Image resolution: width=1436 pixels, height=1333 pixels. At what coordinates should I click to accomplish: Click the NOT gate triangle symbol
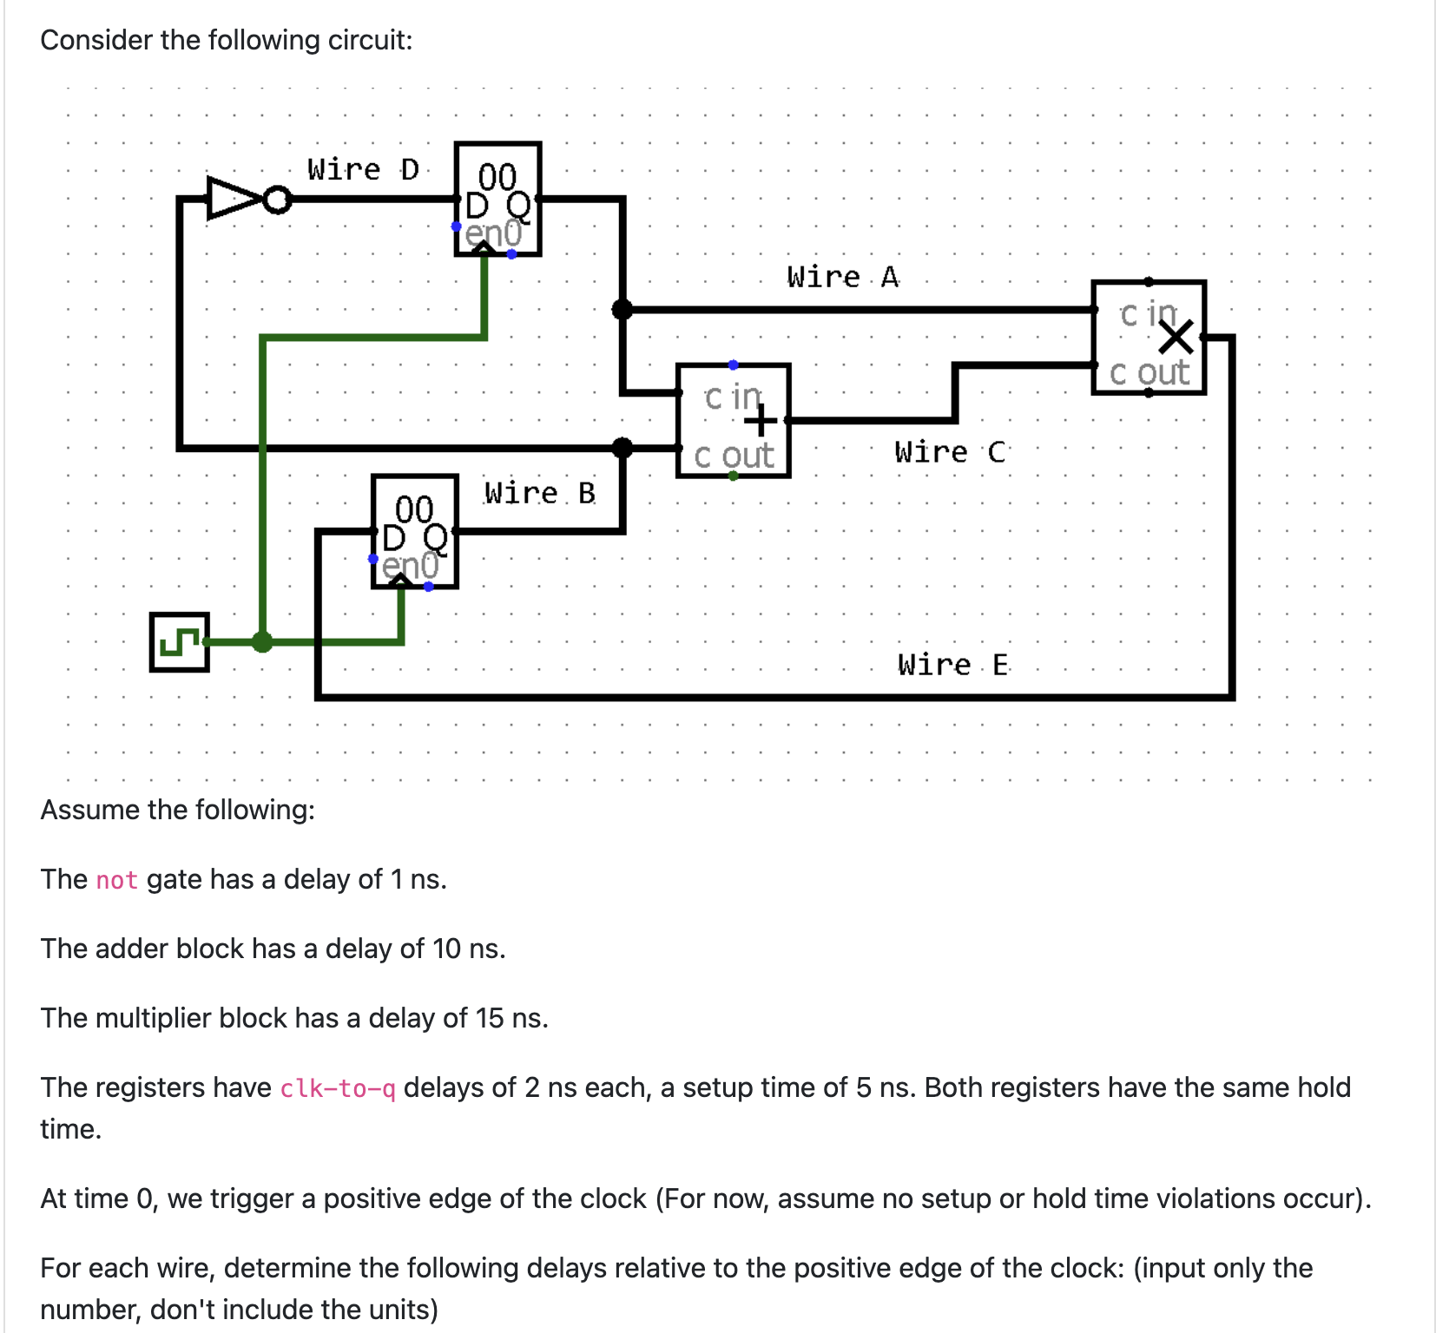231,199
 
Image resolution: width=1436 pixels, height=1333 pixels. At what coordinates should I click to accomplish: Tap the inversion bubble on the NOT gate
277,200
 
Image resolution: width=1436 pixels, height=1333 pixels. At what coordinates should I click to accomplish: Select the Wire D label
363,169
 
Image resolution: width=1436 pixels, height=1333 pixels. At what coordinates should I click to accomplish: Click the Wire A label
842,277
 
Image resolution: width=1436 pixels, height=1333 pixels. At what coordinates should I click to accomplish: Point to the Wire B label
539,493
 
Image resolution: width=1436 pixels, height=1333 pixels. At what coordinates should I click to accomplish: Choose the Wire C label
949,452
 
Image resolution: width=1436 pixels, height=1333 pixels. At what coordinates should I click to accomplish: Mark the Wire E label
952,665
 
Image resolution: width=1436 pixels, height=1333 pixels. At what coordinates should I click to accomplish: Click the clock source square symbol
179,642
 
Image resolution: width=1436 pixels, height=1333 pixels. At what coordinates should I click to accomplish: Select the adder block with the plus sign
733,421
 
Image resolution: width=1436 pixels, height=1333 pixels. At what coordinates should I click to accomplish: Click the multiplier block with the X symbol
1148,338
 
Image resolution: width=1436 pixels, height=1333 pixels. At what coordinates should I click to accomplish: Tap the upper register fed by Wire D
497,200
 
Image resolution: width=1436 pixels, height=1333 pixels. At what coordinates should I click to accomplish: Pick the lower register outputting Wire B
414,531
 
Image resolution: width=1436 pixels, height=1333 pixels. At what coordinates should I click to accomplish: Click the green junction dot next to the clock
262,642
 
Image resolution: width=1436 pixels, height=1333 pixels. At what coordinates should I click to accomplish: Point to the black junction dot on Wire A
622,309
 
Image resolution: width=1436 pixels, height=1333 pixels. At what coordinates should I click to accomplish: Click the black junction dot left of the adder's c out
622,448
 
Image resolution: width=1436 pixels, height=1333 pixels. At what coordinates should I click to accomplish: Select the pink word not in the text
116,880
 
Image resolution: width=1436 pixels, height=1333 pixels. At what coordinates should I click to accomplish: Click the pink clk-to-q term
337,1088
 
